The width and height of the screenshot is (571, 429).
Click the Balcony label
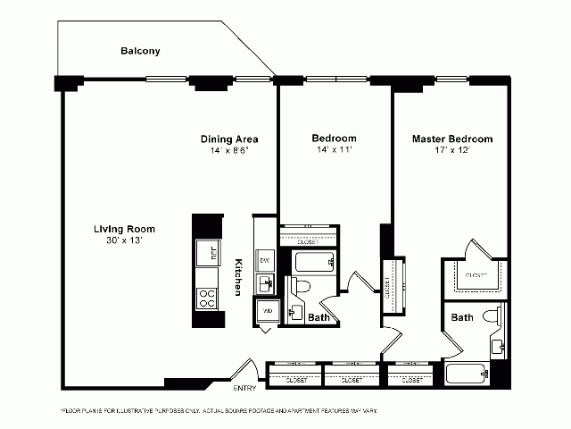coord(140,51)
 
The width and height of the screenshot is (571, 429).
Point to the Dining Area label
coord(229,139)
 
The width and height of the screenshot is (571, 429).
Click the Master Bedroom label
coord(451,139)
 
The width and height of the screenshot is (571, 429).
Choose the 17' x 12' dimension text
coord(451,151)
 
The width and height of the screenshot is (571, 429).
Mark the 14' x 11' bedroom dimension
coord(334,151)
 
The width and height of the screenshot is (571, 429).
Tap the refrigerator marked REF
coord(211,254)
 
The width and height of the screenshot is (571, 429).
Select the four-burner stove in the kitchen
coord(206,298)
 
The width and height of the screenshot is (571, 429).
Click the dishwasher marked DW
coord(264,259)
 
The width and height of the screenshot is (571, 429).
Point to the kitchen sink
coord(265,284)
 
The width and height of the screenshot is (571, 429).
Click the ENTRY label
coord(244,389)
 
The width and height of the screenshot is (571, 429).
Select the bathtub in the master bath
coord(466,375)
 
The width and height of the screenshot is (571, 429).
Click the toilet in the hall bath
coord(301,286)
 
